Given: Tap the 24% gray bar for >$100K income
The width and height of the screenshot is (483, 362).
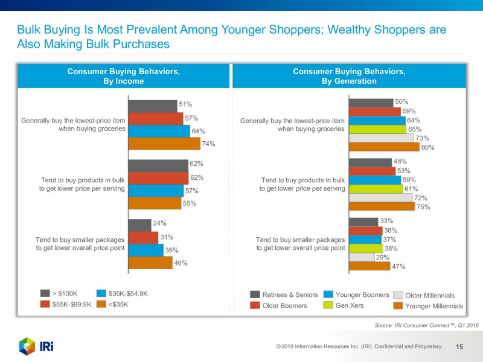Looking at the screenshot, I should (139, 224).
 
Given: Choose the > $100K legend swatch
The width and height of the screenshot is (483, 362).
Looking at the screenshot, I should (45, 294).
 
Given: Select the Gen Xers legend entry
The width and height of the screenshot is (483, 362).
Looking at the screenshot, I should (345, 305).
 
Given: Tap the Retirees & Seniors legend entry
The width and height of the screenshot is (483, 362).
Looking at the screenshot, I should (283, 294).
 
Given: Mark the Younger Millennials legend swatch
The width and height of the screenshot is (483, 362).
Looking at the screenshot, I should (398, 306).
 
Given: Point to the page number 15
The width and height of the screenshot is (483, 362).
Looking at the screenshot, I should (459, 347).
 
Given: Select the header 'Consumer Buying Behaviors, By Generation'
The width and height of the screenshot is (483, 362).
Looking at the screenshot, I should (349, 76).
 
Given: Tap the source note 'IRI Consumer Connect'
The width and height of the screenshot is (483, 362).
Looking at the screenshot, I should (426, 326).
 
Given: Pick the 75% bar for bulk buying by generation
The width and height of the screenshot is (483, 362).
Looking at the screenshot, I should (382, 206).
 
